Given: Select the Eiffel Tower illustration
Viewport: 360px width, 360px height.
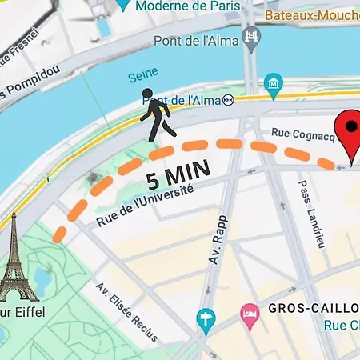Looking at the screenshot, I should click(x=17, y=256).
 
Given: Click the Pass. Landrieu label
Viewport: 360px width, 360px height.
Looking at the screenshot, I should click(x=311, y=213).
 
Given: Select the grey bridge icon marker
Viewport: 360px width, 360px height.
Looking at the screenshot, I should click(x=253, y=37).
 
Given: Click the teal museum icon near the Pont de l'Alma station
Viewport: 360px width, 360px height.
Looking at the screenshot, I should click(x=274, y=82).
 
